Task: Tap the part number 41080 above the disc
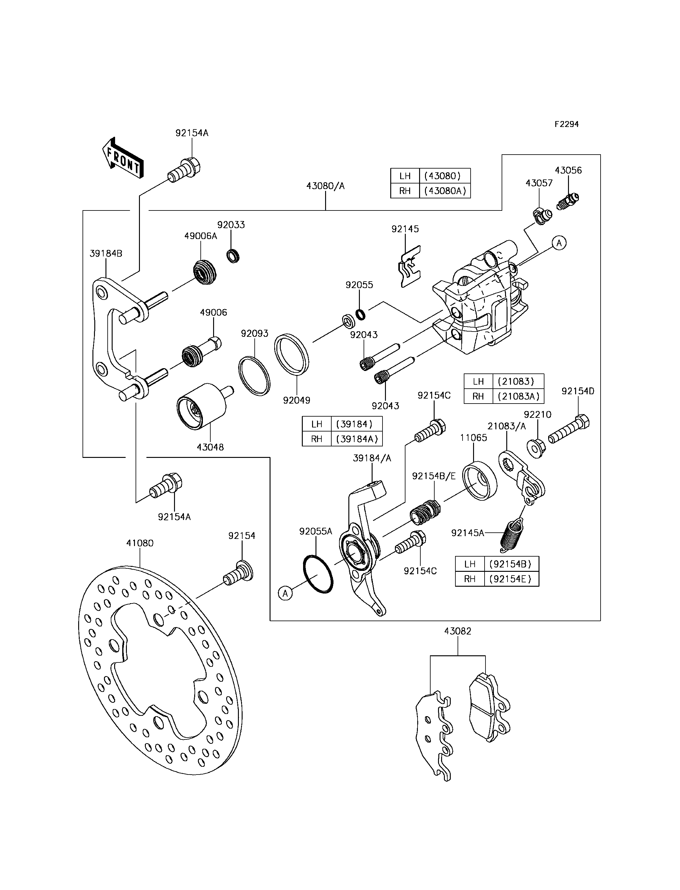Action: (x=140, y=543)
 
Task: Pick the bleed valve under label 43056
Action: (x=568, y=201)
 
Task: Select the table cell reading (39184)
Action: (x=356, y=424)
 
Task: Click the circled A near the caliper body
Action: (x=559, y=243)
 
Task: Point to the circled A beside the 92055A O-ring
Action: (x=285, y=594)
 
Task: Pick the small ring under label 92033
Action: (x=233, y=256)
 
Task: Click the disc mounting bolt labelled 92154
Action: (x=239, y=572)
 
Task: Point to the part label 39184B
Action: (x=106, y=254)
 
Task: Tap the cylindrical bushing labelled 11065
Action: (x=480, y=481)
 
